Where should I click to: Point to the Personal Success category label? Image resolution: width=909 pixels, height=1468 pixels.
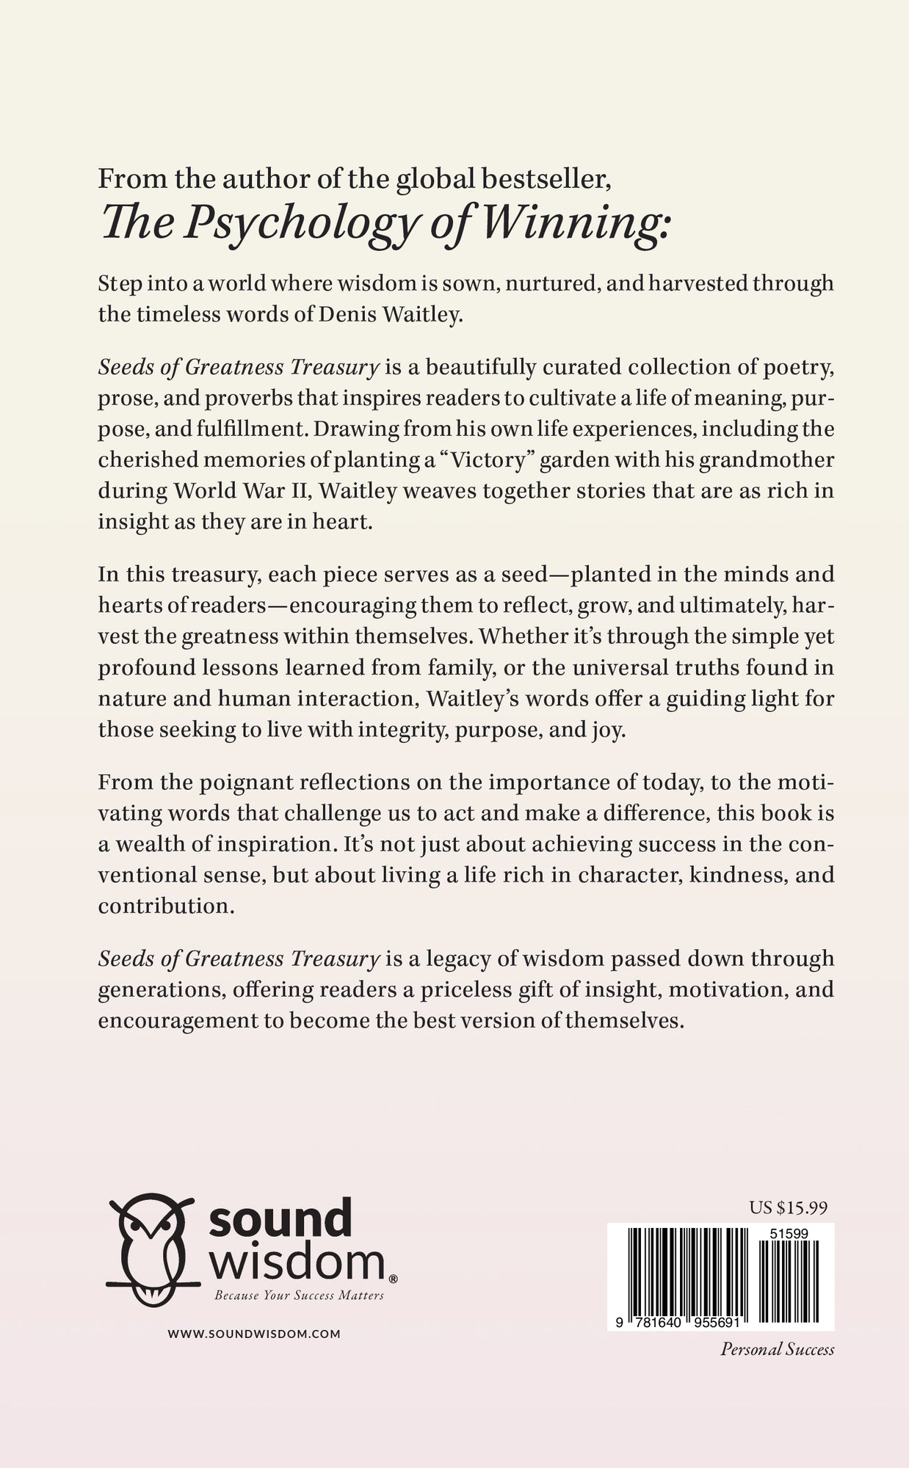click(x=777, y=1349)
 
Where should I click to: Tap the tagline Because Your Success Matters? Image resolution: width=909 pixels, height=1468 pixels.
click(x=299, y=1296)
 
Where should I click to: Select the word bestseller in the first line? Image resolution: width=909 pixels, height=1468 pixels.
click(x=540, y=179)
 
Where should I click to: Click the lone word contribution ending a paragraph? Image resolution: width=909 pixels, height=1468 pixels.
click(x=166, y=906)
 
